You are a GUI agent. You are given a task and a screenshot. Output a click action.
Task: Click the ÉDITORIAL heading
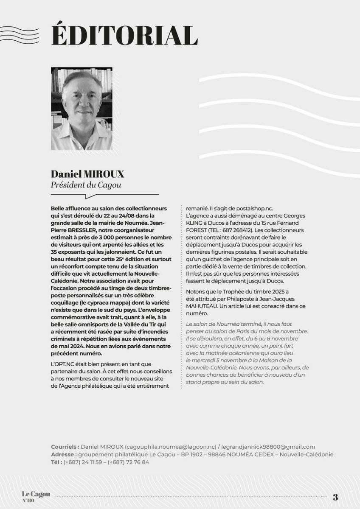pyautogui.click(x=124, y=35)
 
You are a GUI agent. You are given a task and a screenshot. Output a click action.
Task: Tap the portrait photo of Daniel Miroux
pyautogui.click(x=82, y=109)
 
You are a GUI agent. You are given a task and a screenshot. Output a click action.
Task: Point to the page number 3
pyautogui.click(x=335, y=497)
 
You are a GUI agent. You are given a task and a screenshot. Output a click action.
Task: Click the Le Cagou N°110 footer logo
pyautogui.click(x=36, y=496)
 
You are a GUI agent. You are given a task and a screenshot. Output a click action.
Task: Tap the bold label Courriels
pyautogui.click(x=65, y=447)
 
